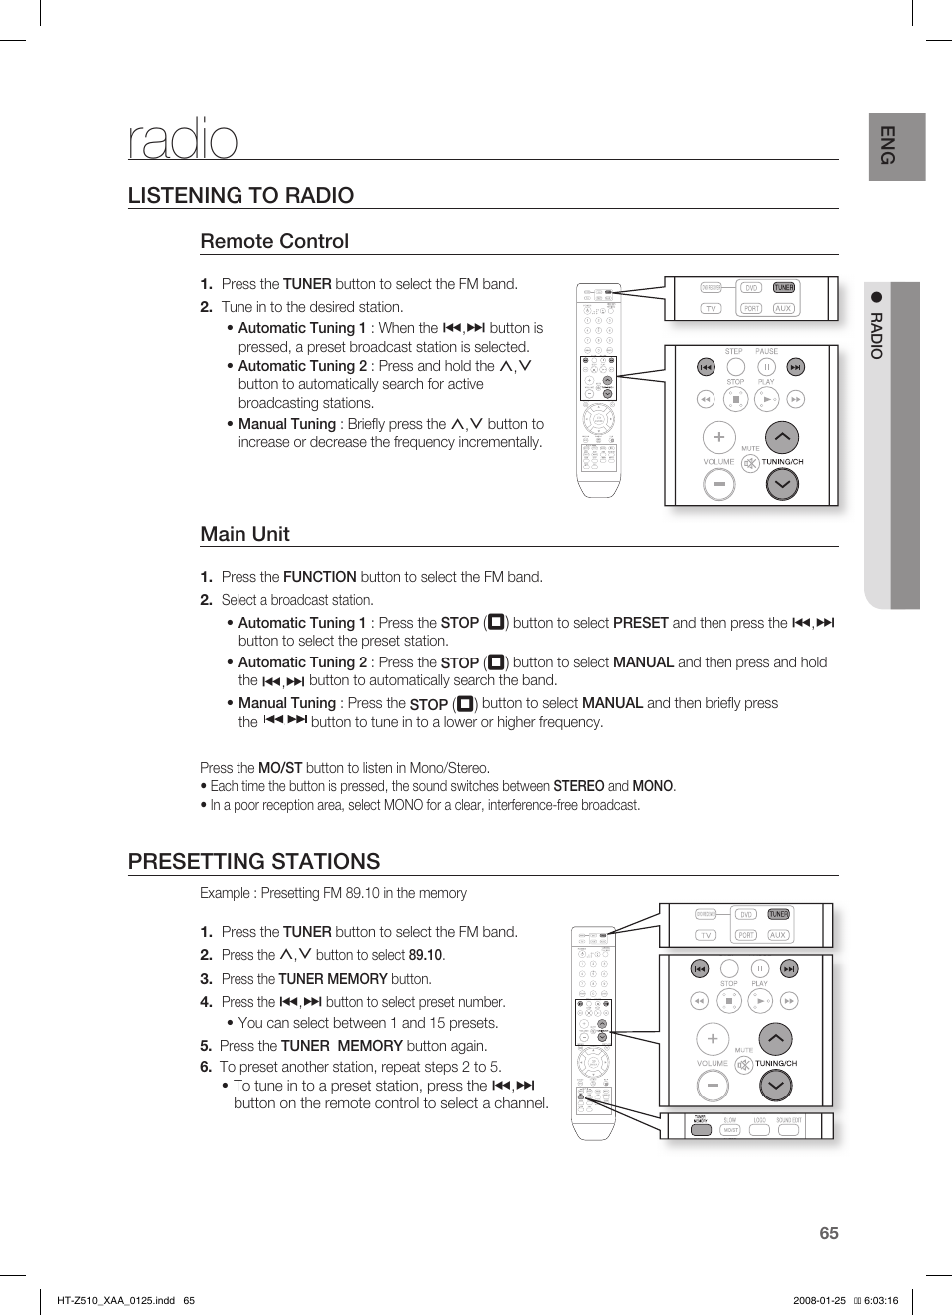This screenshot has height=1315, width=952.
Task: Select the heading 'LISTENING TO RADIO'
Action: [x=240, y=195]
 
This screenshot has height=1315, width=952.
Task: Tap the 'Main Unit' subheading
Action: [x=244, y=534]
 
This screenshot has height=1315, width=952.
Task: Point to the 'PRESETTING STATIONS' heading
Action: [x=253, y=861]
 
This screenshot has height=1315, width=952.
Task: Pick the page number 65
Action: [x=829, y=1233]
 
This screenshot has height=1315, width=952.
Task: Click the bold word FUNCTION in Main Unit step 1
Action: [x=319, y=577]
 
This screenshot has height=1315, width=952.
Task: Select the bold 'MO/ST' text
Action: [x=280, y=768]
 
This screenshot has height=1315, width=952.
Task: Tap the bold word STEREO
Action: [x=579, y=786]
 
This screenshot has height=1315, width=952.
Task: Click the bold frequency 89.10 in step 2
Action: [x=426, y=955]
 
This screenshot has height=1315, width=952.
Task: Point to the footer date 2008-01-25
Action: [x=819, y=1300]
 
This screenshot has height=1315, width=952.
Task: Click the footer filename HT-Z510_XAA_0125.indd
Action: [x=116, y=1300]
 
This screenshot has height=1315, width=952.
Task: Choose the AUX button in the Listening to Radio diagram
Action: [x=783, y=309]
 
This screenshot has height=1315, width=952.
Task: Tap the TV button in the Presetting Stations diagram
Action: [x=706, y=935]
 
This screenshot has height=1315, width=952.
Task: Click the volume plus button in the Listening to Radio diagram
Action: [x=718, y=437]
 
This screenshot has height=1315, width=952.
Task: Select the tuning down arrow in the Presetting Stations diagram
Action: [x=776, y=1085]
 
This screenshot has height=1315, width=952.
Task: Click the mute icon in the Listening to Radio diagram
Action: [x=750, y=463]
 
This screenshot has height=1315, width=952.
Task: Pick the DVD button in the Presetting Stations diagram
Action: [x=745, y=914]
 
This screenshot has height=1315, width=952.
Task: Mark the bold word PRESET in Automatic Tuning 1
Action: [x=640, y=623]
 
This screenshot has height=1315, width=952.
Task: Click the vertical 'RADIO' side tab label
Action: [x=876, y=336]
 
